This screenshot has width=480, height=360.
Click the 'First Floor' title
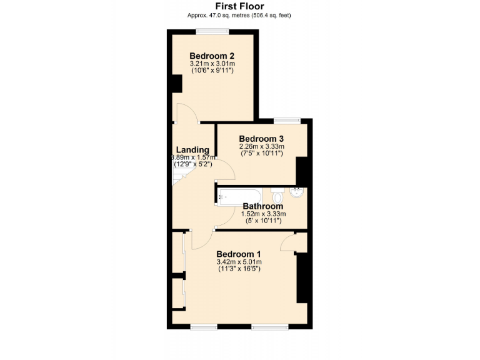239,7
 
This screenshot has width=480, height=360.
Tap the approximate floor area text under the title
239,16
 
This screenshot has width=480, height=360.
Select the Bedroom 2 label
212,55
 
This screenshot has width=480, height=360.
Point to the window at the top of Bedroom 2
211,31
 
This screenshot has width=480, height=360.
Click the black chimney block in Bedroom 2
176,84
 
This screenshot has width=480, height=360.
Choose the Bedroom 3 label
261,138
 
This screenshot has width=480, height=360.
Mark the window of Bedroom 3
286,121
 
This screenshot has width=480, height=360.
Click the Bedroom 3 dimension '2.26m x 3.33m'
261,147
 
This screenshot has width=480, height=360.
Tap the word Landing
192,149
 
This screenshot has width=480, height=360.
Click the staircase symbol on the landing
179,180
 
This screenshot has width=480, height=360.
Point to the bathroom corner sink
298,192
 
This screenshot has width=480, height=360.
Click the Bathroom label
262,206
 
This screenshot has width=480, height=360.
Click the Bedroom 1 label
239,253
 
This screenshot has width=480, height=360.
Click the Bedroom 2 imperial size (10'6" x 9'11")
212,71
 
